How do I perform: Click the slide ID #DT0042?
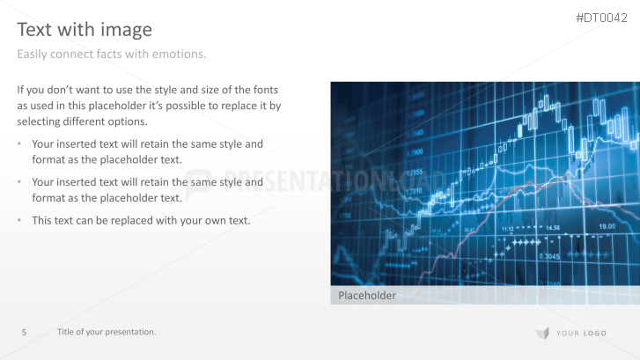(x=601, y=18)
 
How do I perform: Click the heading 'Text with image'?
(x=85, y=29)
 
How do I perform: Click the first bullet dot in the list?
(x=21, y=143)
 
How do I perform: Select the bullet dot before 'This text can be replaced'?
(x=21, y=220)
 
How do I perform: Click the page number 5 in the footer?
(x=24, y=332)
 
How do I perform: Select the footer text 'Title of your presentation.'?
(x=107, y=332)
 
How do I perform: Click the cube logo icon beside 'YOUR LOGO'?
(x=541, y=332)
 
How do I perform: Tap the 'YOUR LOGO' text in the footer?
(x=581, y=333)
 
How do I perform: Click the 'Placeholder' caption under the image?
(x=367, y=296)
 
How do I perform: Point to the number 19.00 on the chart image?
(x=607, y=227)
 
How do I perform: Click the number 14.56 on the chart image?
(x=551, y=228)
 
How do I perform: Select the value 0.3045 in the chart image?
(x=548, y=256)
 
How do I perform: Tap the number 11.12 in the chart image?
(x=509, y=229)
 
